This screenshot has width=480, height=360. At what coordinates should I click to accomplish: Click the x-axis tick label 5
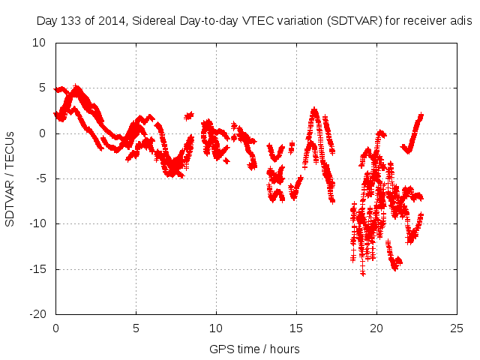pyautogui.click(x=136, y=328)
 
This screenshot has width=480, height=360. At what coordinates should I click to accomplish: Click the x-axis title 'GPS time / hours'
pyautogui.click(x=255, y=349)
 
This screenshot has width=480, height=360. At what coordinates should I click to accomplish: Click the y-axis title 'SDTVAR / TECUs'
pyautogui.click(x=10, y=178)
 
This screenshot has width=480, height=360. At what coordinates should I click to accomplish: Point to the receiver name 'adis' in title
pyautogui.click(x=459, y=21)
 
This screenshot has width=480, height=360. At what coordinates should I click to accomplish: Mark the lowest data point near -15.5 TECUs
pyautogui.click(x=363, y=274)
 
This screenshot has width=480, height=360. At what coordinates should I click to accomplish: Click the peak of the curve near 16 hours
pyautogui.click(x=314, y=109)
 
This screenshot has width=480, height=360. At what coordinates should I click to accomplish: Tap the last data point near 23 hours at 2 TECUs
pyautogui.click(x=421, y=115)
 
